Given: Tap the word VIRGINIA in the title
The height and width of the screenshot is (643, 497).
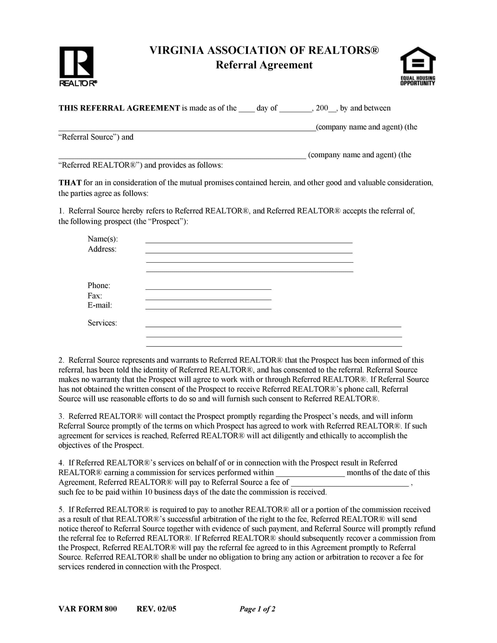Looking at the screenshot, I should pos(176,50).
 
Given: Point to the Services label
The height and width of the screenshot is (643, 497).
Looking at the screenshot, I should pos(102,323).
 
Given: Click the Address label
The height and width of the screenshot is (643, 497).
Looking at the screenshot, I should pos(102,249).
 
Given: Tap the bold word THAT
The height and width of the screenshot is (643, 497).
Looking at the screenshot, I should pos(70,183).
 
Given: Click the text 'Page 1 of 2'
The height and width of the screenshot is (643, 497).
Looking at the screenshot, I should pos(257,609).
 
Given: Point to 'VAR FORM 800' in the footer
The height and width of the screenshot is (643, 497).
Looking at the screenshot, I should pos(87,609).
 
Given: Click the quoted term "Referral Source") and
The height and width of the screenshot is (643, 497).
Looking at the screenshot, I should pos(96,137).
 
